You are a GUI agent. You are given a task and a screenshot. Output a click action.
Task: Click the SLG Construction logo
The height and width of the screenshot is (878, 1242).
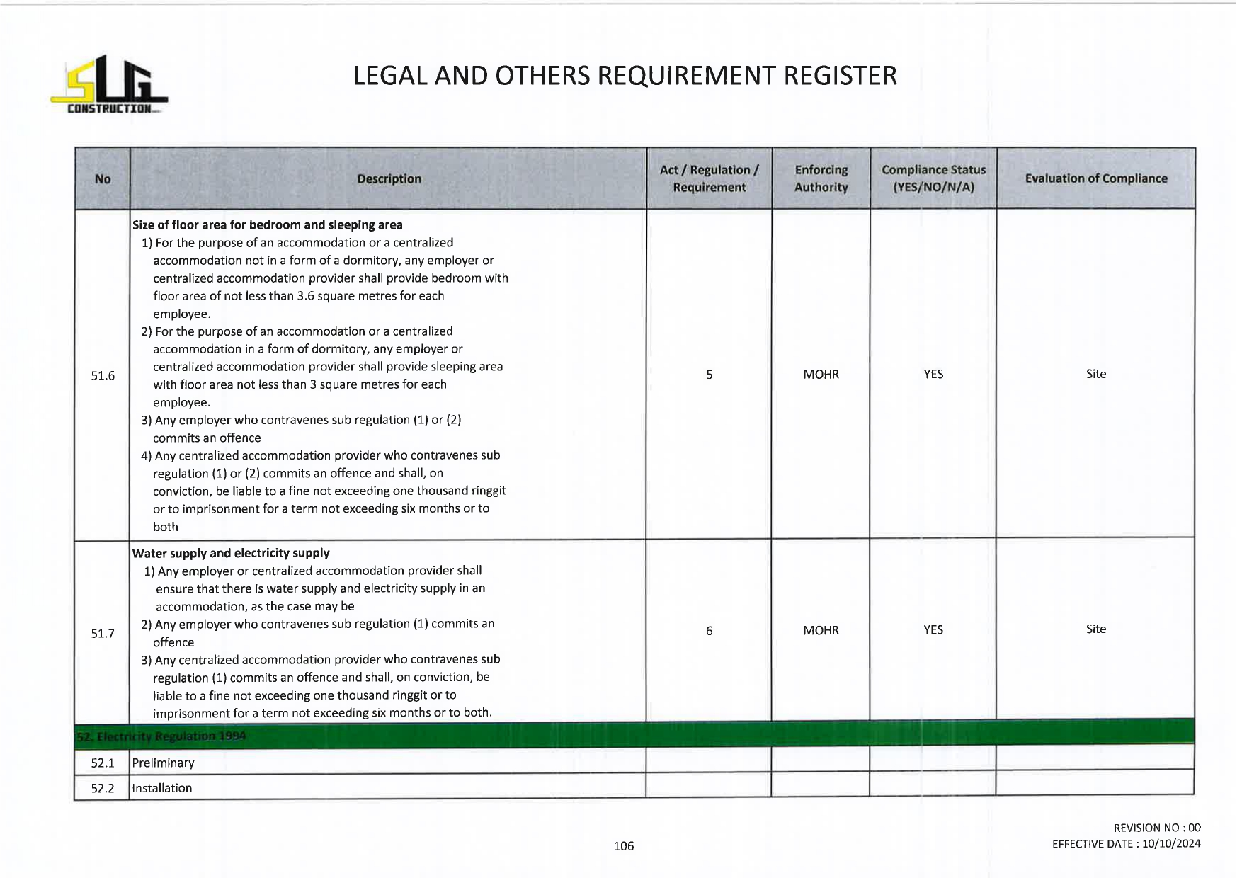(x=109, y=85)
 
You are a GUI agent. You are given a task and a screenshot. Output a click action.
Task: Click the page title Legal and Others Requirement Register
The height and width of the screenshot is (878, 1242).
(x=625, y=76)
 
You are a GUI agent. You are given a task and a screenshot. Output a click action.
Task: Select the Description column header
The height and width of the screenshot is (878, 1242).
(x=389, y=179)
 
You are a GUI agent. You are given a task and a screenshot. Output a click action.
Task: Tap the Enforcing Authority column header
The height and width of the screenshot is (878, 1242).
(x=821, y=178)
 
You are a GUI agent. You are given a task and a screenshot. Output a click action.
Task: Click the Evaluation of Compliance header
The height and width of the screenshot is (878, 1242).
(x=1095, y=178)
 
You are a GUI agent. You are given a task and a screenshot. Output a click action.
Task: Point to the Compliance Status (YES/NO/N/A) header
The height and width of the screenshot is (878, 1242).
(x=933, y=178)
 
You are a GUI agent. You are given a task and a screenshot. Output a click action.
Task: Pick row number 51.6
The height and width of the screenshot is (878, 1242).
(x=103, y=375)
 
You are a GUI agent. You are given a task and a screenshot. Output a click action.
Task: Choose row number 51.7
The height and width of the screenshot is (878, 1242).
(x=103, y=633)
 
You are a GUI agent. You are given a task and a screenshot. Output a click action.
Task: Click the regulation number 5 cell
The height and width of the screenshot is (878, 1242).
(x=709, y=375)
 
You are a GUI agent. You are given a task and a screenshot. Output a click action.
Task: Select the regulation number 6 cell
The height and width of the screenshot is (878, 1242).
(x=709, y=631)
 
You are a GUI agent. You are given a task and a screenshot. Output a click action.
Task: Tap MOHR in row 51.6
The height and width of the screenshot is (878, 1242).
(x=821, y=375)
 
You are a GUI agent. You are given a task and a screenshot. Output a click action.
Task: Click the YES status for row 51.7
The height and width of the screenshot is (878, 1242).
(x=933, y=629)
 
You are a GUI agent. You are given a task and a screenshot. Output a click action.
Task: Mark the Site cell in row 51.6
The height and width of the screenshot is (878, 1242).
(x=1095, y=374)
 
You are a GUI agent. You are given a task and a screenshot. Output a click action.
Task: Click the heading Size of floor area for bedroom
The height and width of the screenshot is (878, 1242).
(x=267, y=225)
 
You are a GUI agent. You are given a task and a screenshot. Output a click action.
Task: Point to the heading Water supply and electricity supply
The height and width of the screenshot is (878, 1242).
(x=231, y=553)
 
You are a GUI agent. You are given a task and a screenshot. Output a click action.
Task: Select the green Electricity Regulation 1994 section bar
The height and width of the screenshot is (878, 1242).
(x=634, y=734)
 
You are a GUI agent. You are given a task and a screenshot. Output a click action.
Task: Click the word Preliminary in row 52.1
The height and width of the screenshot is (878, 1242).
(x=163, y=763)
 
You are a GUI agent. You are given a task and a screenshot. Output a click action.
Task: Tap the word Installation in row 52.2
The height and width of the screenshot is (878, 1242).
(x=161, y=788)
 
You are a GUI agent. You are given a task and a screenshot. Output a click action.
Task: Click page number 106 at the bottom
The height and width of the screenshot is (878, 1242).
(x=623, y=846)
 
